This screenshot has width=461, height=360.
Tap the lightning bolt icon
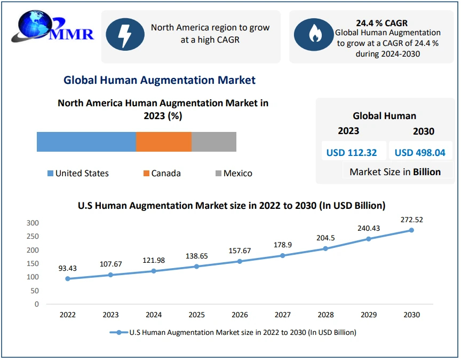pos(125,35)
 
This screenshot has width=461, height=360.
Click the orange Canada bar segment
pos(163,142)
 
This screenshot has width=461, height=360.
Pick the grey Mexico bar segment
pos(213,142)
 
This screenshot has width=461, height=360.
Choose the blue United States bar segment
pos(86,142)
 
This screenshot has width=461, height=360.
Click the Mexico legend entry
pos(233,173)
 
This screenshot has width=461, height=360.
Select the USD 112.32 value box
pos(352,152)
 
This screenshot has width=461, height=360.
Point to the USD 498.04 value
pos(420,152)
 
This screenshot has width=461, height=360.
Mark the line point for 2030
pos(411,230)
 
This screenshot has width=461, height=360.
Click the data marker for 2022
pos(67,279)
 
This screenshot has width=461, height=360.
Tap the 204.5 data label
pos(325,238)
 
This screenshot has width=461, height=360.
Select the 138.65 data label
pos(196,256)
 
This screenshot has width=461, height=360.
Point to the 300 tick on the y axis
pos(33,223)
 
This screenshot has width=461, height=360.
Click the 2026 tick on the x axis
pos(240,315)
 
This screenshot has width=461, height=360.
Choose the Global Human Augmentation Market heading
pos(160,80)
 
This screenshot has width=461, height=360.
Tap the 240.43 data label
pos(368,228)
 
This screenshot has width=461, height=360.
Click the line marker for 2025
pos(196,267)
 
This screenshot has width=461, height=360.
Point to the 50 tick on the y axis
pos(35,291)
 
